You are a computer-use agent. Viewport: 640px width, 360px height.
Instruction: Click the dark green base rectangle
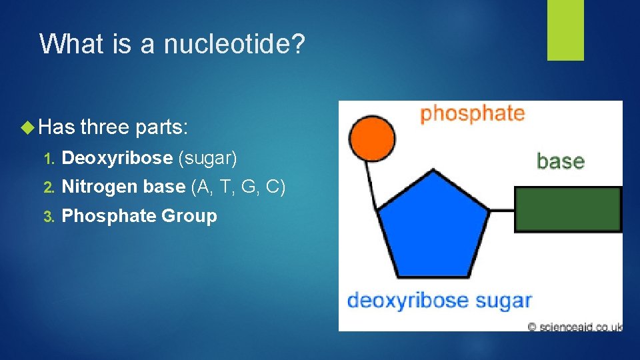point(568,209)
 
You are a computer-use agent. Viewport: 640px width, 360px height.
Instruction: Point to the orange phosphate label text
point(471,114)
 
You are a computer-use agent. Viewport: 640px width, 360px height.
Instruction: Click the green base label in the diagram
point(560,161)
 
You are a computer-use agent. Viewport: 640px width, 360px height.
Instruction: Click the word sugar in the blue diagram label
point(505,301)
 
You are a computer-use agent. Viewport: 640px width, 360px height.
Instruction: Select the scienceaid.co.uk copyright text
point(574,326)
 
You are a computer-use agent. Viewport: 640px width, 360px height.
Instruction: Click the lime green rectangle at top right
point(565,30)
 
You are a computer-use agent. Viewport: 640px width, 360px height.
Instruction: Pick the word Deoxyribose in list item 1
point(116,158)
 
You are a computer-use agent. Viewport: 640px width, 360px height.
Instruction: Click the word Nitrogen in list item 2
point(100,187)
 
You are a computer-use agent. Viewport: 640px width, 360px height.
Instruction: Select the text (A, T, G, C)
point(238,187)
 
